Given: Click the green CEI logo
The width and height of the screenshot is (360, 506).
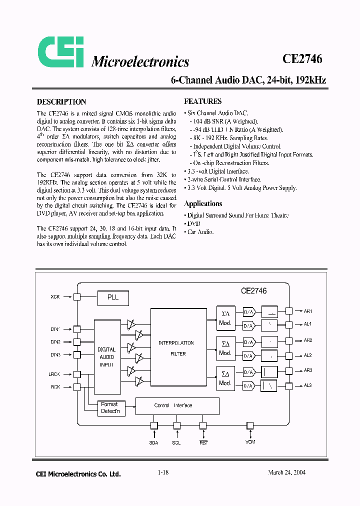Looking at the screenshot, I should pos(61,52).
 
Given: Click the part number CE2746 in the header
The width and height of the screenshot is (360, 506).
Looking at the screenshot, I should pos(302,58).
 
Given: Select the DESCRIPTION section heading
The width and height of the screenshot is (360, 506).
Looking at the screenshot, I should pos(61,101).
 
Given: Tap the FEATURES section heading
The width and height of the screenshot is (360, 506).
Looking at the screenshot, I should pos(203,101).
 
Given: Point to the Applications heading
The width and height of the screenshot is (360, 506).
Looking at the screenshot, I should pos(203,203).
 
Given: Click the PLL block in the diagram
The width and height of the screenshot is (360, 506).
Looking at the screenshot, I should pos(113,297).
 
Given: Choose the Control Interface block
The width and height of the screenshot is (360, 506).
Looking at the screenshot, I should pos(177,405).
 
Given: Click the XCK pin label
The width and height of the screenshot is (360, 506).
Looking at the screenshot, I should pos(55,297).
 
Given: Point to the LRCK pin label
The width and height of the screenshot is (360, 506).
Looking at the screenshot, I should pos(54,374).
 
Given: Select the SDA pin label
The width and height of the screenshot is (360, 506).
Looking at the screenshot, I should pos(153,443).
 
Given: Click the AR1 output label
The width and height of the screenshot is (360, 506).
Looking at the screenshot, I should pos(307,311).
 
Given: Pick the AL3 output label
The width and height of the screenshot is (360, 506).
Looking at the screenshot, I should pos(307,385).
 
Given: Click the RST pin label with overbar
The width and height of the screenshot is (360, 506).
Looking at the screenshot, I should pos(203,442).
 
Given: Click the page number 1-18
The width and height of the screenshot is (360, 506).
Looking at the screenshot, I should pos(163,472).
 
